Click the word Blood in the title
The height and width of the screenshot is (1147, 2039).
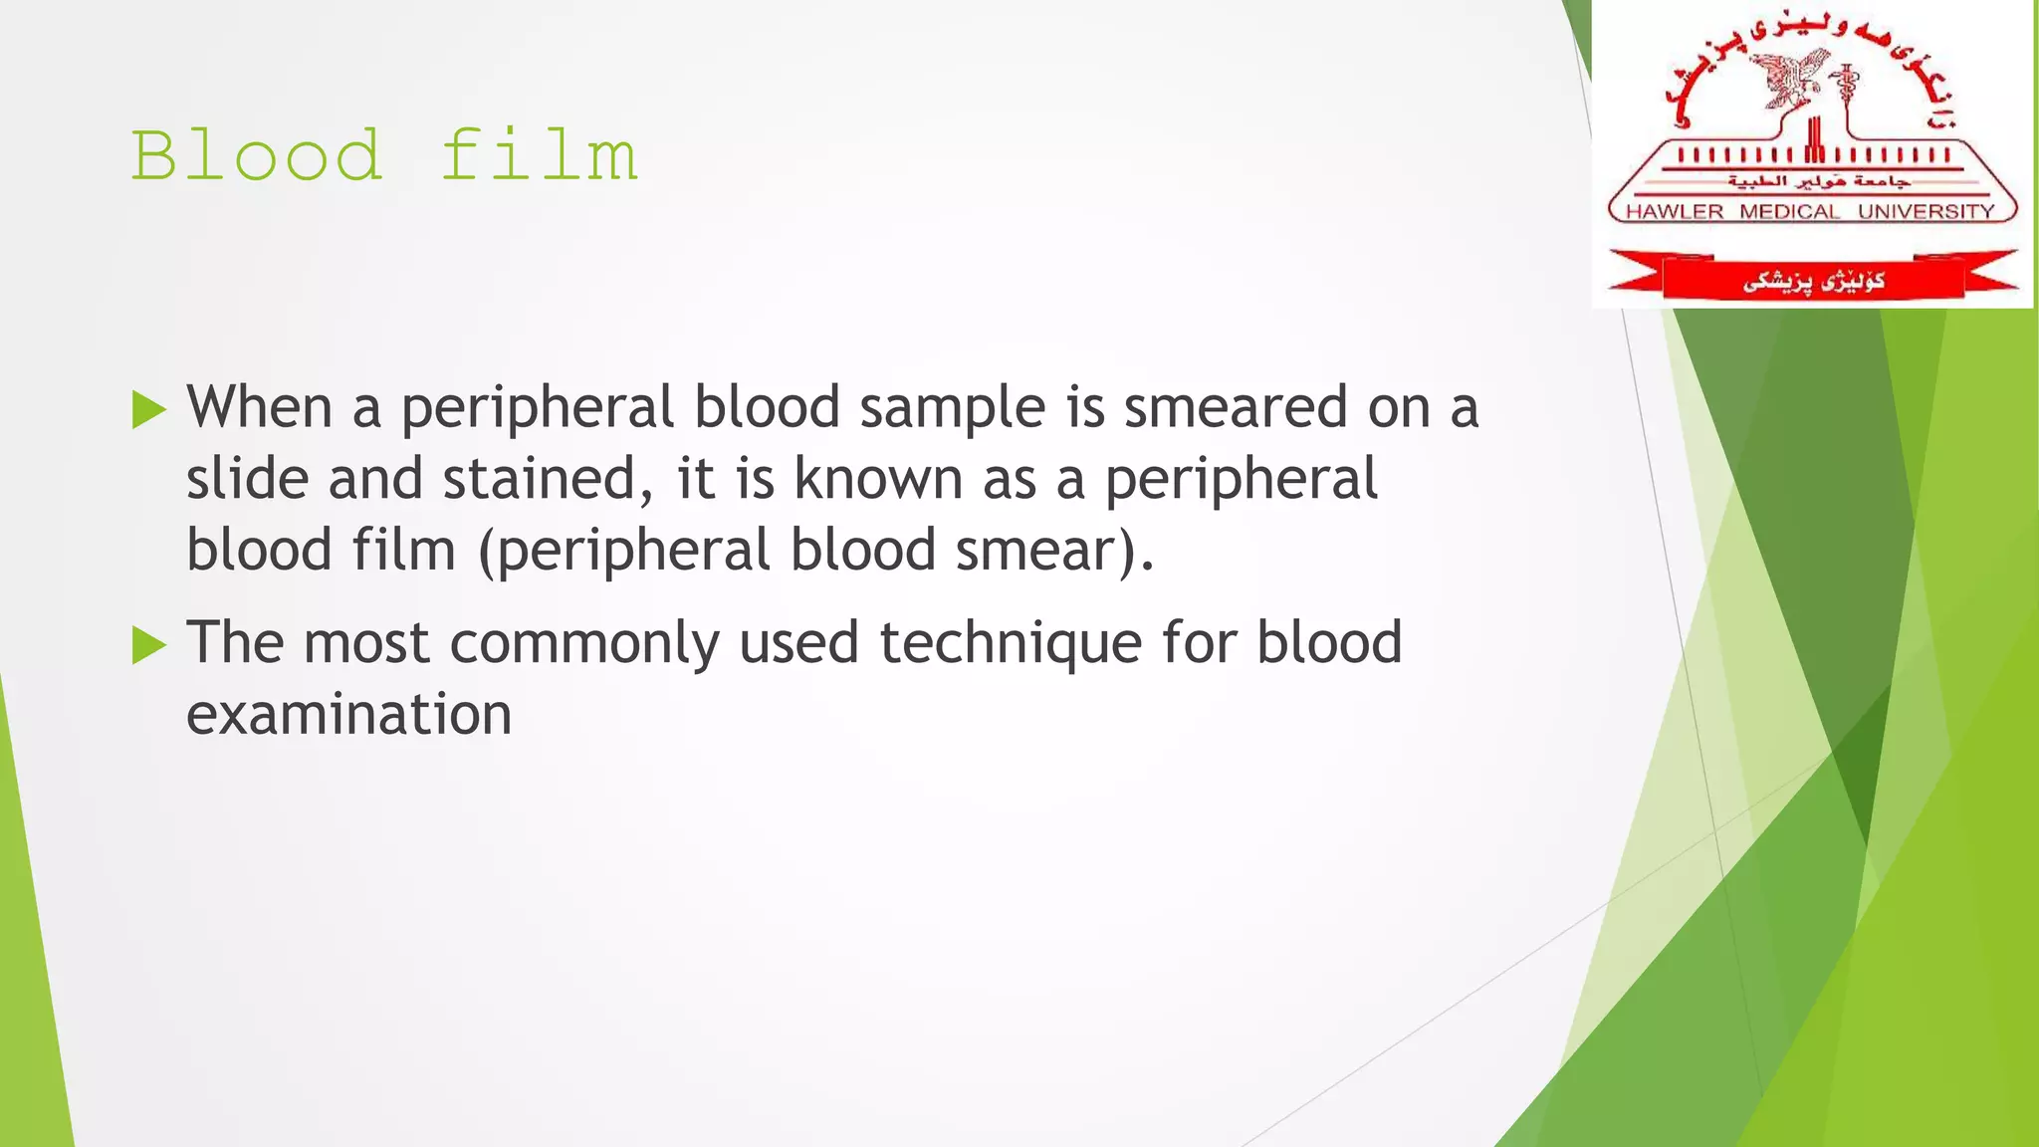[257, 156]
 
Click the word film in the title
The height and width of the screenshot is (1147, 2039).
[539, 156]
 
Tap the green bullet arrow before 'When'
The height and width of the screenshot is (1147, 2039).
[148, 409]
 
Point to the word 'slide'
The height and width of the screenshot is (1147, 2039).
[248, 480]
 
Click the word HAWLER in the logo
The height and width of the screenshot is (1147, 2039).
[1675, 212]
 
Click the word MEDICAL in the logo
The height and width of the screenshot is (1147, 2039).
[1790, 212]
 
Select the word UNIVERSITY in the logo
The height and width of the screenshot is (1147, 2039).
[1926, 212]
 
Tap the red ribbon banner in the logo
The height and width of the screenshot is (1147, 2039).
[1813, 280]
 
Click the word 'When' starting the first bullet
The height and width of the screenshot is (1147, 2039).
[260, 408]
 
